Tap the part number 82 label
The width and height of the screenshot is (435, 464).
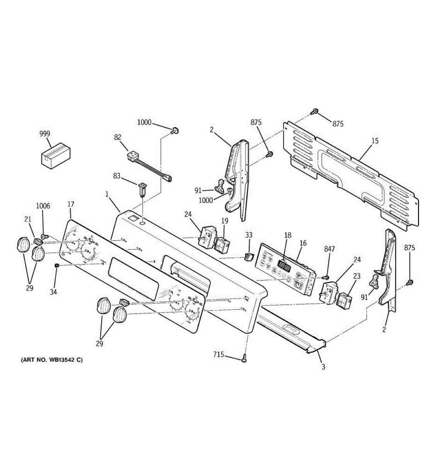pos(118,137)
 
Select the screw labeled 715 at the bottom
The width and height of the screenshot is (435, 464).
pos(244,359)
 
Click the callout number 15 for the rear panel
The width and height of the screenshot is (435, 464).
pos(375,141)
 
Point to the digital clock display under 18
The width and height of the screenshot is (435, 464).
pos(284,266)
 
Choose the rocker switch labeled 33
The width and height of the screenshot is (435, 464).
pos(248,256)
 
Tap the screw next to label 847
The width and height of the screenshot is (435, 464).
pos(325,277)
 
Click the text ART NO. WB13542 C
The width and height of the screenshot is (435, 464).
pos(51,360)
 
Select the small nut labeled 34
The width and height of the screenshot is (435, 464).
pos(57,266)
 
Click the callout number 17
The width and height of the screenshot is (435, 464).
pos(71,204)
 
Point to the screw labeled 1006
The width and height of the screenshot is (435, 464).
pos(44,235)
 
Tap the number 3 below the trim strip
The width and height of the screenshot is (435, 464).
pos(323,367)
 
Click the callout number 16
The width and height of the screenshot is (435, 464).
pos(303,243)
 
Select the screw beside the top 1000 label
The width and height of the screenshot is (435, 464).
pos(175,131)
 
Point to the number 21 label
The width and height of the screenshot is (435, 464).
pos(27,219)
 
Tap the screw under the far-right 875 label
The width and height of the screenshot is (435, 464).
pos(410,283)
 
